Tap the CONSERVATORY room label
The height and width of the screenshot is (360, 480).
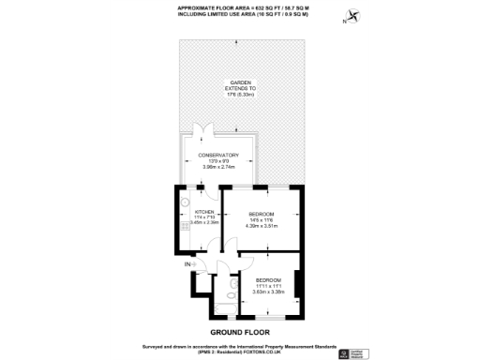click(x=217, y=156)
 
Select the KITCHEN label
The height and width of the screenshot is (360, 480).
click(x=205, y=212)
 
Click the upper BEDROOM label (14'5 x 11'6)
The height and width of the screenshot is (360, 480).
click(x=262, y=214)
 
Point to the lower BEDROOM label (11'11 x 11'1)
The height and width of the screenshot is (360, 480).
click(x=268, y=280)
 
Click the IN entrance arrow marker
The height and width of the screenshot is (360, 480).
click(x=189, y=266)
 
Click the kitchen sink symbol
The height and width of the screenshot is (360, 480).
click(x=186, y=202)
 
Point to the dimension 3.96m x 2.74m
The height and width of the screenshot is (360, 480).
click(x=217, y=168)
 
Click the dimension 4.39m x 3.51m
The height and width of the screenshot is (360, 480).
click(x=262, y=226)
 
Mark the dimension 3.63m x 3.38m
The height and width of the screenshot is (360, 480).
click(x=268, y=292)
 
